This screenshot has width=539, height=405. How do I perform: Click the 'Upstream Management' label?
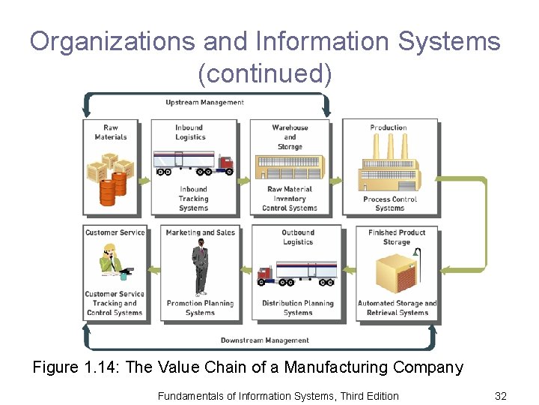(204, 102)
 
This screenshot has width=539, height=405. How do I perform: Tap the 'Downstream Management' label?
(264, 340)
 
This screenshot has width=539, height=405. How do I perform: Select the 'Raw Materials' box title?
(111, 132)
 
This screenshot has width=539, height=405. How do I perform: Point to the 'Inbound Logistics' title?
(189, 132)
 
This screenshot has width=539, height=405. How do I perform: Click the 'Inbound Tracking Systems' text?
(193, 199)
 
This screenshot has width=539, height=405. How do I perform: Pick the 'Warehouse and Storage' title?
(290, 136)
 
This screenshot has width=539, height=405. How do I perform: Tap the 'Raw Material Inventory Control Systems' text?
(290, 199)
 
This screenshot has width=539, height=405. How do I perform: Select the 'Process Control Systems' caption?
(389, 203)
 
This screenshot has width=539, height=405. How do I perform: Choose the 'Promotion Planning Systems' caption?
(200, 308)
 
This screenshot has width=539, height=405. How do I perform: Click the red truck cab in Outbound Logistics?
(264, 275)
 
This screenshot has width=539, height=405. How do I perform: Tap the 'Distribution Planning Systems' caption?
(298, 308)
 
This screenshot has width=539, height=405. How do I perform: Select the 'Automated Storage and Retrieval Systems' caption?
(397, 308)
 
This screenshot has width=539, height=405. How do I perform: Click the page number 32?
(501, 395)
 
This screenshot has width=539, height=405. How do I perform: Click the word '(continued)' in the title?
(264, 73)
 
